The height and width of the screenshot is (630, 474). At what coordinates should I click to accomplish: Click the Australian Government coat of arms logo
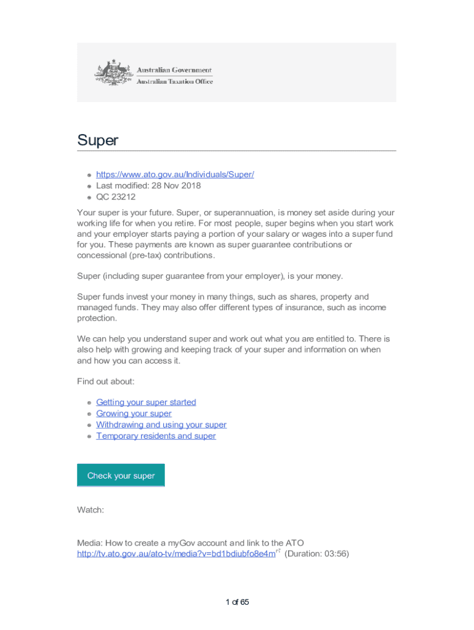[113, 73]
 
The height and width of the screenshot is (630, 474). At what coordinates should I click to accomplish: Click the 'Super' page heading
[97, 140]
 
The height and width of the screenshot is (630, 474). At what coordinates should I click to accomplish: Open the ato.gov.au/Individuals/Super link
[175, 174]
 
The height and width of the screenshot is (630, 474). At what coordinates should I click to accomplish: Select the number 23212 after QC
[124, 197]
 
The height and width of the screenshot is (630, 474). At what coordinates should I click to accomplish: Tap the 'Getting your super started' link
[146, 402]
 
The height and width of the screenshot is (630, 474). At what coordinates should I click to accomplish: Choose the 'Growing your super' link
[134, 413]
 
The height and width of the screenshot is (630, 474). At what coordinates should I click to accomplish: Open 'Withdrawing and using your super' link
[161, 425]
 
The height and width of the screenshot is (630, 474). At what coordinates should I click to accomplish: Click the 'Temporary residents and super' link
[156, 436]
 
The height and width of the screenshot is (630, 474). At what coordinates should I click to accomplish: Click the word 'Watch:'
[90, 510]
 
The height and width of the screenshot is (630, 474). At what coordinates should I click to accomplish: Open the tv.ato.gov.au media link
[176, 554]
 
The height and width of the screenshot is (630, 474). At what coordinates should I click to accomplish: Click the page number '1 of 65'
[237, 602]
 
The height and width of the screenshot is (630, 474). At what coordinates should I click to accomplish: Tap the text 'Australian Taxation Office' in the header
[174, 81]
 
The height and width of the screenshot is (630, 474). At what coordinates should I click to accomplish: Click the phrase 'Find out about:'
[106, 381]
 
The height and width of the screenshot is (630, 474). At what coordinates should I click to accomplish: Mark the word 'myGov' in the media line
[201, 543]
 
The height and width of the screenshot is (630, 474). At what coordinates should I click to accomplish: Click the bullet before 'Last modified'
[89, 186]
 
